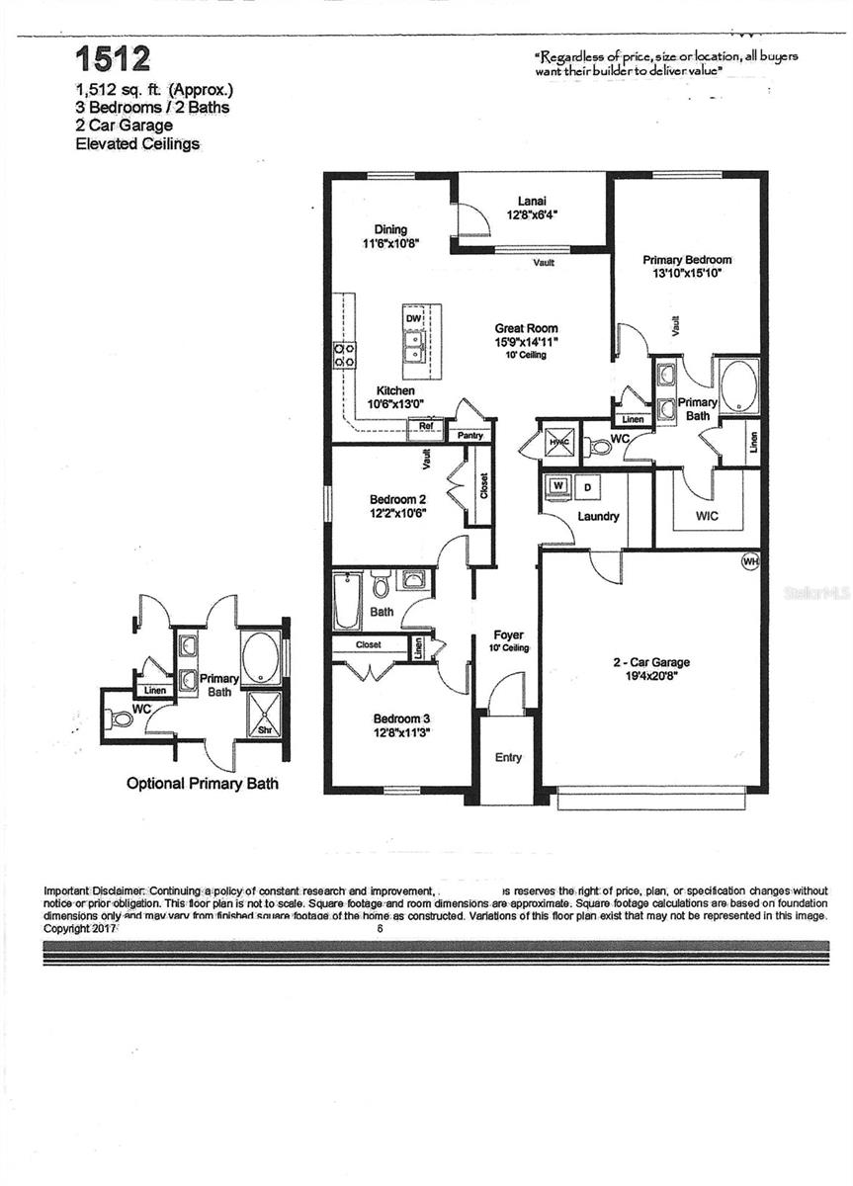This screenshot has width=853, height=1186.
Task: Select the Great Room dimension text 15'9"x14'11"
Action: click(x=526, y=342)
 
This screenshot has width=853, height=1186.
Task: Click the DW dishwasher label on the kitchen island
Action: click(x=413, y=318)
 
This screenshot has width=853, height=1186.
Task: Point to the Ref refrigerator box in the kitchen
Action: click(x=426, y=427)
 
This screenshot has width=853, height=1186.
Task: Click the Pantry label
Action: click(x=469, y=435)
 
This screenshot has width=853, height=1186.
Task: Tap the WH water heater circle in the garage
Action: click(x=750, y=561)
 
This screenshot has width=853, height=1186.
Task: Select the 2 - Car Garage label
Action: click(x=649, y=662)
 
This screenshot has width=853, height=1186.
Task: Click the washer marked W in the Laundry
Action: click(x=557, y=486)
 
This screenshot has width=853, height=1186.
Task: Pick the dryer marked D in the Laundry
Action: click(x=585, y=487)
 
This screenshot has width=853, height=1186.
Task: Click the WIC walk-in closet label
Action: click(x=706, y=516)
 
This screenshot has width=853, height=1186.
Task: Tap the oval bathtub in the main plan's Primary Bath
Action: click(x=737, y=385)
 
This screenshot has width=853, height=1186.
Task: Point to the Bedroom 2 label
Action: click(x=398, y=499)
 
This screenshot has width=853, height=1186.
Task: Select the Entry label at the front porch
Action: click(x=508, y=758)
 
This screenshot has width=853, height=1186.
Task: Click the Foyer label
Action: click(x=508, y=635)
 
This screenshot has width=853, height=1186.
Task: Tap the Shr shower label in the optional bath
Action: click(x=264, y=730)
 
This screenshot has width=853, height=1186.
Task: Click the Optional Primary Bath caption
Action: click(x=203, y=784)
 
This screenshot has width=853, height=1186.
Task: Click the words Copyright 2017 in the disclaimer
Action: click(x=81, y=929)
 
